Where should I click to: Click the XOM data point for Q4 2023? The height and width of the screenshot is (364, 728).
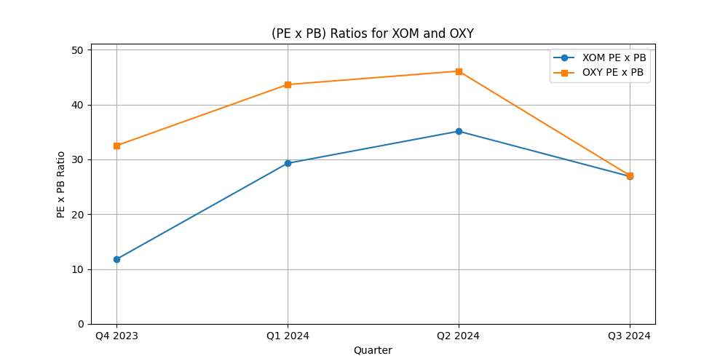(x=116, y=259)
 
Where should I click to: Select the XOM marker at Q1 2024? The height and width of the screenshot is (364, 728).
(x=288, y=163)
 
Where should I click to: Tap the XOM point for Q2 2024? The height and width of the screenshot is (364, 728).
(x=459, y=131)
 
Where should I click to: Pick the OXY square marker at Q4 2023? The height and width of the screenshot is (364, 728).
(x=116, y=146)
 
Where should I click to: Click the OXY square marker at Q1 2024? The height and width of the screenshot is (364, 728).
(x=288, y=84)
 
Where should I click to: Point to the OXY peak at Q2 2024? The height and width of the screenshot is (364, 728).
(x=459, y=71)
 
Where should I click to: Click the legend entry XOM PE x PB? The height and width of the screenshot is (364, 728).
(x=614, y=58)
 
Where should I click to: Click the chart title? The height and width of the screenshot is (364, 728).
(x=372, y=33)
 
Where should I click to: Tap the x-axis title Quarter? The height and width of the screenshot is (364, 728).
(x=373, y=350)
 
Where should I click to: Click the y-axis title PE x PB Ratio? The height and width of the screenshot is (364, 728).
(x=61, y=184)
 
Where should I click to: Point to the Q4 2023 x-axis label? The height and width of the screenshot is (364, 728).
(x=116, y=336)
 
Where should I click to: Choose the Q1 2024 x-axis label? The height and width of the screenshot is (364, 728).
(x=288, y=336)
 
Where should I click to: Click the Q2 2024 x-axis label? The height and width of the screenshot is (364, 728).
(x=459, y=336)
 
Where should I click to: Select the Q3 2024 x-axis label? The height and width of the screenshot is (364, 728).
(x=630, y=336)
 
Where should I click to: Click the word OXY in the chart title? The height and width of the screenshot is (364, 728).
(x=460, y=33)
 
